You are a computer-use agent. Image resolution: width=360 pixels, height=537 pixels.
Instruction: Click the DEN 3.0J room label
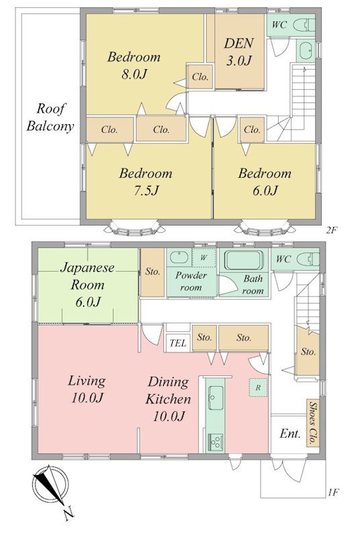[x=238, y=52]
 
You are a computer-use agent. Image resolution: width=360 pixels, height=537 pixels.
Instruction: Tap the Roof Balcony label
[x=50, y=117]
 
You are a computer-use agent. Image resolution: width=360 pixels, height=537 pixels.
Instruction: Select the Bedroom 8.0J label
[x=134, y=65]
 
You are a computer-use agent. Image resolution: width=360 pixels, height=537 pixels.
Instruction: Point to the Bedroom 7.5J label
[x=146, y=181]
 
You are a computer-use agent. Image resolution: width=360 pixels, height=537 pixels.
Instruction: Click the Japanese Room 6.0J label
[x=87, y=284]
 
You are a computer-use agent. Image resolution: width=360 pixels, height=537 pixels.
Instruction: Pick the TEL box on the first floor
[x=178, y=342]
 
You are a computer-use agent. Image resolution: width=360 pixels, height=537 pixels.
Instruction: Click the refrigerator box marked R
[x=258, y=387]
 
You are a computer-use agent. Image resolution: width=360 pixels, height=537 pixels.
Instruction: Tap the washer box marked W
[x=204, y=258]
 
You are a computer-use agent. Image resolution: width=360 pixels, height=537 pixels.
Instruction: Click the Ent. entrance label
[x=289, y=434]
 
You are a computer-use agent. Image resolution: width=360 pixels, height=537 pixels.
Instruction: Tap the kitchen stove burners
[x=216, y=442]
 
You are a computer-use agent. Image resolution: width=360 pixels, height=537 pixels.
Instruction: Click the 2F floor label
[x=332, y=230]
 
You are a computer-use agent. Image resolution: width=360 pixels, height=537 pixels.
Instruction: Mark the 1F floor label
[x=333, y=493]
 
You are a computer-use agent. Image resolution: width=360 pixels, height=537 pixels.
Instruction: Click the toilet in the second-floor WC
[x=306, y=25]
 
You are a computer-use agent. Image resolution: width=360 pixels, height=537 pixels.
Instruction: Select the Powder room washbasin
[x=179, y=257]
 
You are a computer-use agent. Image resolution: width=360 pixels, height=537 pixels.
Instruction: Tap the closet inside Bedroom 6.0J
[x=252, y=130]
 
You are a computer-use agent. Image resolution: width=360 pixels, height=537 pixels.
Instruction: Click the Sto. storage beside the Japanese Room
[x=152, y=272]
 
